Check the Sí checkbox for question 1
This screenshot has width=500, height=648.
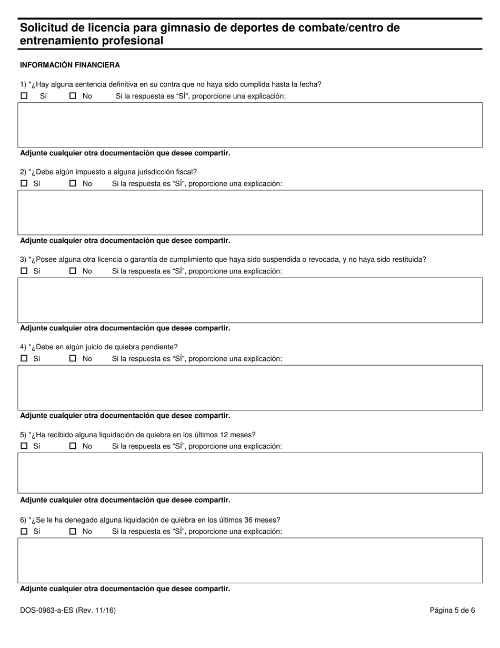[x=24, y=96]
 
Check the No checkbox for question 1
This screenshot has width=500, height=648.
[x=73, y=96]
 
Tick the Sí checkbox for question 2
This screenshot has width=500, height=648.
[x=24, y=183]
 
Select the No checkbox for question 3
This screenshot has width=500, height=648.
[x=73, y=271]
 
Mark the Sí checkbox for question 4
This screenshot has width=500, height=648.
[x=24, y=358]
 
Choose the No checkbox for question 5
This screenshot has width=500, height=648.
[x=73, y=446]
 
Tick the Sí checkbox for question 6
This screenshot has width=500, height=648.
[x=24, y=531]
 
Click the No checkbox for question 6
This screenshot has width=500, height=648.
[x=73, y=531]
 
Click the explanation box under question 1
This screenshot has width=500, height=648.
[x=250, y=125]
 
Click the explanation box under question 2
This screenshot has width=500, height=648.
[x=250, y=212]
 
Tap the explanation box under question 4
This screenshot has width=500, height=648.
[x=250, y=387]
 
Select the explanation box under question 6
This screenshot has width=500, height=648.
[x=250, y=560]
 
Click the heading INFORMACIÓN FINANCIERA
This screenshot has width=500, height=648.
[x=70, y=65]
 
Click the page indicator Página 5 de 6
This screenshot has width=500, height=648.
[x=452, y=611]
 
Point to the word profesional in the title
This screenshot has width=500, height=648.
[x=131, y=41]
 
